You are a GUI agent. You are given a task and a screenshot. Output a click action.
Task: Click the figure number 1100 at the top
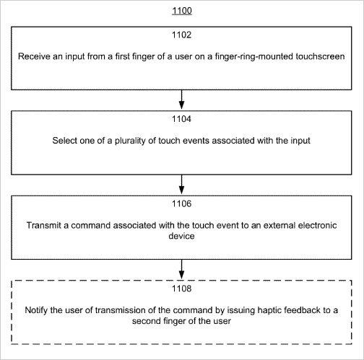coord(182,11)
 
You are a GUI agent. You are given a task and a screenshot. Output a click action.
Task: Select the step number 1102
coord(181,35)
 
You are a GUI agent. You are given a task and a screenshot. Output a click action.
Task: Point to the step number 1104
coord(181,119)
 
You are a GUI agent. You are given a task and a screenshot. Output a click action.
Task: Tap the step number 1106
coord(181,203)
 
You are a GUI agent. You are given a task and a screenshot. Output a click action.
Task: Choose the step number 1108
coord(181,289)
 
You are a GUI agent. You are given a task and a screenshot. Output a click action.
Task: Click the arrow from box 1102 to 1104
coord(182,100)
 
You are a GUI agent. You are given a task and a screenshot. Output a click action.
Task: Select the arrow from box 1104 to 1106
coord(182,185)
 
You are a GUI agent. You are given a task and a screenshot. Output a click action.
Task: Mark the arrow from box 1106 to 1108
coord(182,269)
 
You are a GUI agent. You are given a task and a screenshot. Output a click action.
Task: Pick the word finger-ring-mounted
coord(254,57)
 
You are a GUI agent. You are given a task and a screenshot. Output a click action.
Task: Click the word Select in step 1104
coord(64,141)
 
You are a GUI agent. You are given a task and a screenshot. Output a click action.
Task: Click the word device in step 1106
coord(181,236)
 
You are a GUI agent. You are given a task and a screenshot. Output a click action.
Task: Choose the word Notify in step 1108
coord(36,310)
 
